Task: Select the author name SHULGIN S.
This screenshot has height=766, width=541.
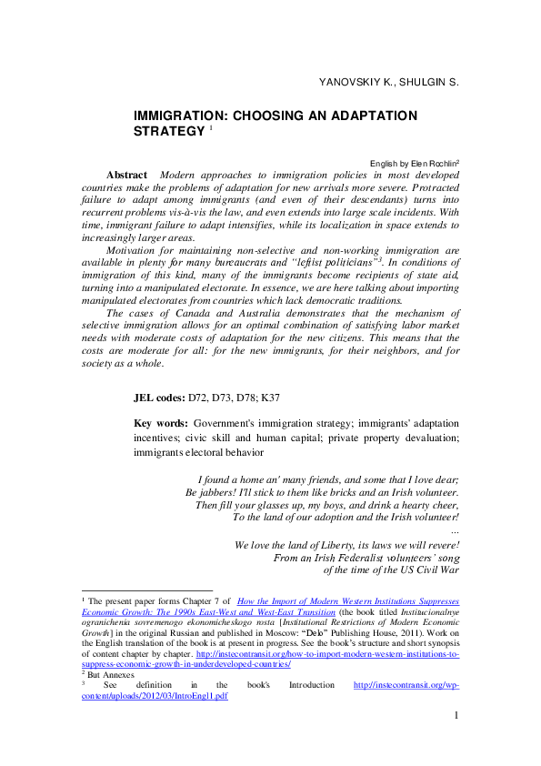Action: [428, 83]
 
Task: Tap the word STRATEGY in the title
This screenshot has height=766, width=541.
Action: [169, 132]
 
